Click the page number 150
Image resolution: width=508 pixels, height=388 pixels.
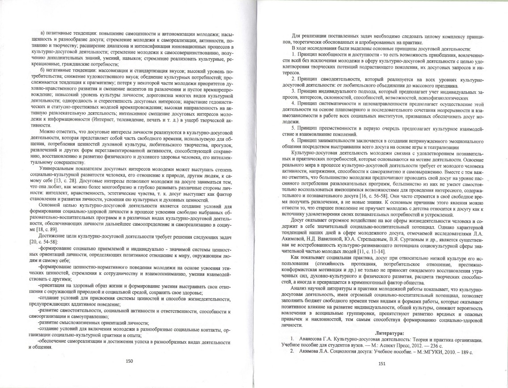[130, 361]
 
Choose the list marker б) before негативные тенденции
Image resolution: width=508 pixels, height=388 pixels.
[43, 71]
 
